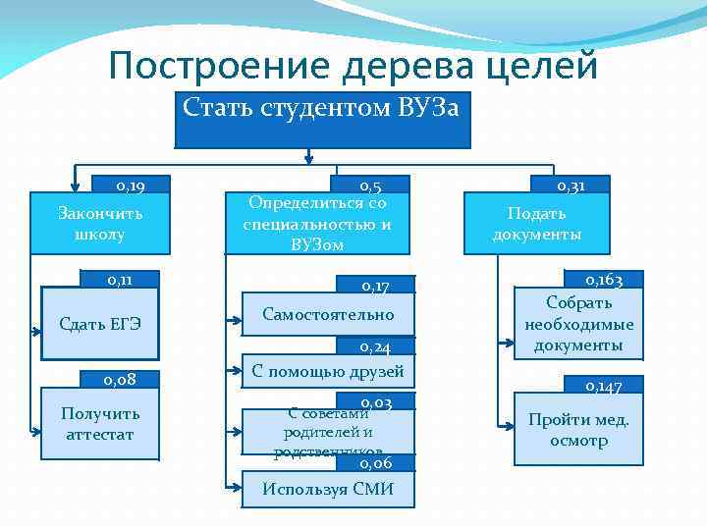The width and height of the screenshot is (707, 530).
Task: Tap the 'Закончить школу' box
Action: (99, 224)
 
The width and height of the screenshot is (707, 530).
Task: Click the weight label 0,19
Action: (131, 185)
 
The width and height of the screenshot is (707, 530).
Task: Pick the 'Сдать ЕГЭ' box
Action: (99, 324)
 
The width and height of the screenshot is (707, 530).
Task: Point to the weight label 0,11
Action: (120, 280)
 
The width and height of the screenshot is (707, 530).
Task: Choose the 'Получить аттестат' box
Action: (99, 423)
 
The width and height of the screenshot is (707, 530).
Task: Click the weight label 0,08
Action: (120, 379)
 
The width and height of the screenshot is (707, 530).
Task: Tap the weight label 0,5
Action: (371, 185)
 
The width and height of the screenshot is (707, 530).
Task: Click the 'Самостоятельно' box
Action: (328, 315)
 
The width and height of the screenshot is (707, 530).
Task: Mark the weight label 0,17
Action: (375, 287)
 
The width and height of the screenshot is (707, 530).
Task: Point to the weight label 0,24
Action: (375, 347)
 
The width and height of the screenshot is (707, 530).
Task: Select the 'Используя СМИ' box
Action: (328, 489)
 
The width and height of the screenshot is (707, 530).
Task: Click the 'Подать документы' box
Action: (537, 224)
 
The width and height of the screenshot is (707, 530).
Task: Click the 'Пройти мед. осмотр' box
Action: (579, 430)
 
